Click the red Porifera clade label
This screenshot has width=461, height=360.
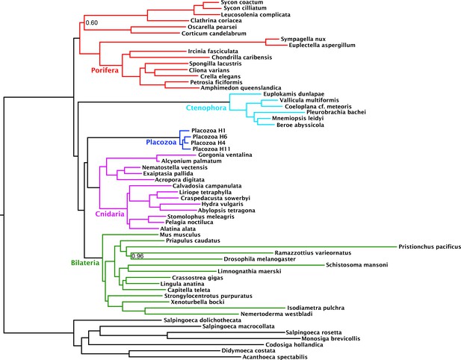(105, 70)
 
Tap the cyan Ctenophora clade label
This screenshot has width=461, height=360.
(206, 108)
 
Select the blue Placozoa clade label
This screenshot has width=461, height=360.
(161, 143)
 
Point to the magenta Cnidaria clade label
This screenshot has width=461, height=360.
(110, 214)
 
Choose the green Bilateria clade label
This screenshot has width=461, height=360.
(85, 263)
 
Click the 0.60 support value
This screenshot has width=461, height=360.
(92, 22)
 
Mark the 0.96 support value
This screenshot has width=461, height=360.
(137, 256)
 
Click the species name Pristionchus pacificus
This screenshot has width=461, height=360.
(430, 247)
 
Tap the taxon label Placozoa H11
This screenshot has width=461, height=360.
(211, 149)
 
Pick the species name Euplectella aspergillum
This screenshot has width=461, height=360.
(322, 46)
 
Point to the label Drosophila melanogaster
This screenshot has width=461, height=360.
(260, 259)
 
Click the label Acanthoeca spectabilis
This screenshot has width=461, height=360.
(275, 357)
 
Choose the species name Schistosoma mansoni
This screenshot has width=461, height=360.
(357, 265)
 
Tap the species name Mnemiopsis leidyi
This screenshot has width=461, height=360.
(298, 118)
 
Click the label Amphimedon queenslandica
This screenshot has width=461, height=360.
(241, 88)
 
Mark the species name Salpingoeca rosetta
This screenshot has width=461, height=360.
(314, 332)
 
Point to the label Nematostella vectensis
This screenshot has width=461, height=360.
(175, 167)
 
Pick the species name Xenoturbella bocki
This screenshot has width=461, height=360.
(197, 302)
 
